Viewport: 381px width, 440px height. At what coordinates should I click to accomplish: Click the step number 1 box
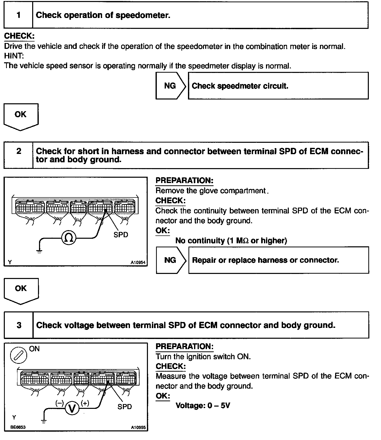[x=18, y=15]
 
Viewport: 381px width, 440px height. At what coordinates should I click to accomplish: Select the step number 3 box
[x=19, y=325]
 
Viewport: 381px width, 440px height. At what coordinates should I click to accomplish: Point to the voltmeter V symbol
[x=72, y=408]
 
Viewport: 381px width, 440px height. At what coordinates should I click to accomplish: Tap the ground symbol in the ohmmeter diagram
[x=39, y=251]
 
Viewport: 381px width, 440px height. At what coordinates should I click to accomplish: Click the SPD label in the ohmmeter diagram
[x=121, y=235]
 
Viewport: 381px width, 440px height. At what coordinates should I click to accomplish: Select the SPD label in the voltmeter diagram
[x=125, y=407]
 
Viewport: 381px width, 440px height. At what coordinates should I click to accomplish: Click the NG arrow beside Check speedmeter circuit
[x=170, y=86]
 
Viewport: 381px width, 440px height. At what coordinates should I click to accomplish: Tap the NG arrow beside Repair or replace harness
[x=171, y=260]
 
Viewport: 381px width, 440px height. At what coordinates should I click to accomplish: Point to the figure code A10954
[x=138, y=263]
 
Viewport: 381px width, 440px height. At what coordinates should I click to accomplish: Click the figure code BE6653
[x=18, y=427]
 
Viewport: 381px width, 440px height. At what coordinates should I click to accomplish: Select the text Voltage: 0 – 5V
[x=203, y=406]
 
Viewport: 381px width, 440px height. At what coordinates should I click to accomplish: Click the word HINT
[x=14, y=56]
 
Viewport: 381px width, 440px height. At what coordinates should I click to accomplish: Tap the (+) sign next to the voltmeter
[x=85, y=403]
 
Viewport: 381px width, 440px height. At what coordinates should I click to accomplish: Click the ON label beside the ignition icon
[x=34, y=349]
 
